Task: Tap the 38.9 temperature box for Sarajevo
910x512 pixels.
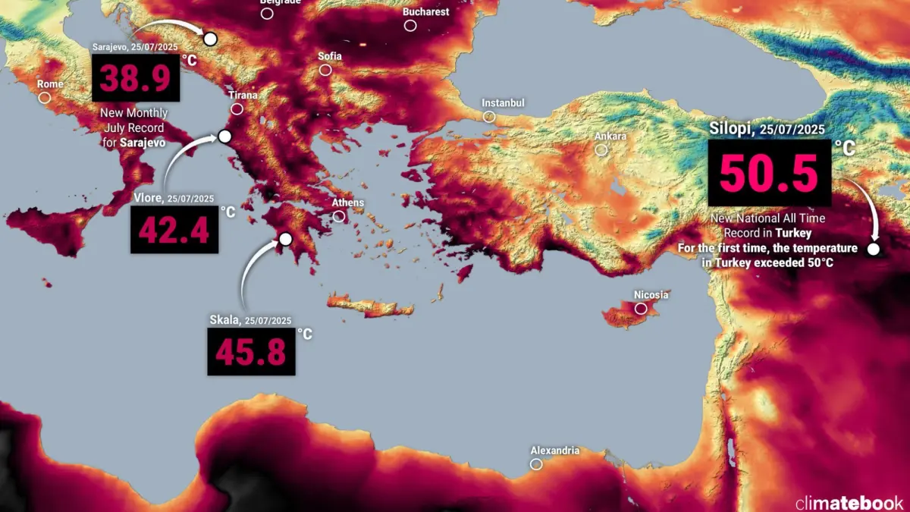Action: (136, 77)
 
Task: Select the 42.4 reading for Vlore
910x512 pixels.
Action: (174, 230)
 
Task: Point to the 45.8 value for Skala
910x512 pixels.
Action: (249, 351)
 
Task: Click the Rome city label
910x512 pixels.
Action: (50, 84)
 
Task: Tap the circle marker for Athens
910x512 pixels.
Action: (339, 216)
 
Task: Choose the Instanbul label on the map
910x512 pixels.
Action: (504, 103)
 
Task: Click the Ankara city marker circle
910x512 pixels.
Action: (601, 150)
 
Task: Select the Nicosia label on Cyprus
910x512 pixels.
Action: (651, 294)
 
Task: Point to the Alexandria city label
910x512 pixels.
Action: (555, 451)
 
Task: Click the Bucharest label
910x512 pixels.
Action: (426, 12)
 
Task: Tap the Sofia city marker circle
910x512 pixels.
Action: (325, 70)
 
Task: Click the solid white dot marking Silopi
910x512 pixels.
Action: (874, 249)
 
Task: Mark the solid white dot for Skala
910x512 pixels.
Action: (285, 240)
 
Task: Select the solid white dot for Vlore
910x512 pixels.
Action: (224, 137)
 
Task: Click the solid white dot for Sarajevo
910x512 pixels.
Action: (210, 39)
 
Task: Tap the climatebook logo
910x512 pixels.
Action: (849, 501)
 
